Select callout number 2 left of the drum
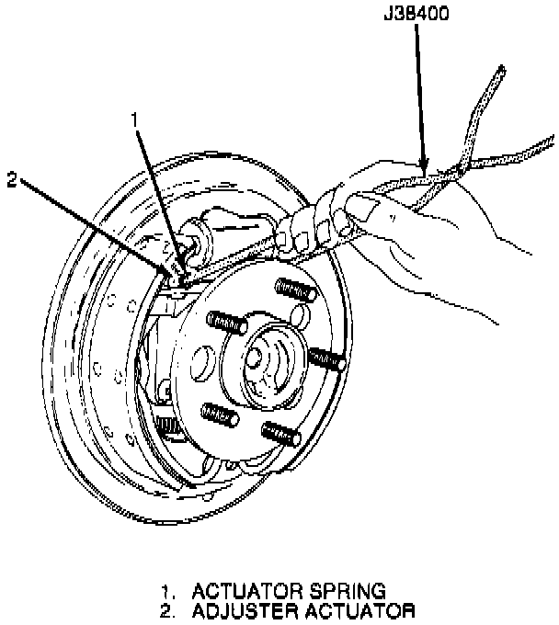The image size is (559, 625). tap(11, 180)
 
